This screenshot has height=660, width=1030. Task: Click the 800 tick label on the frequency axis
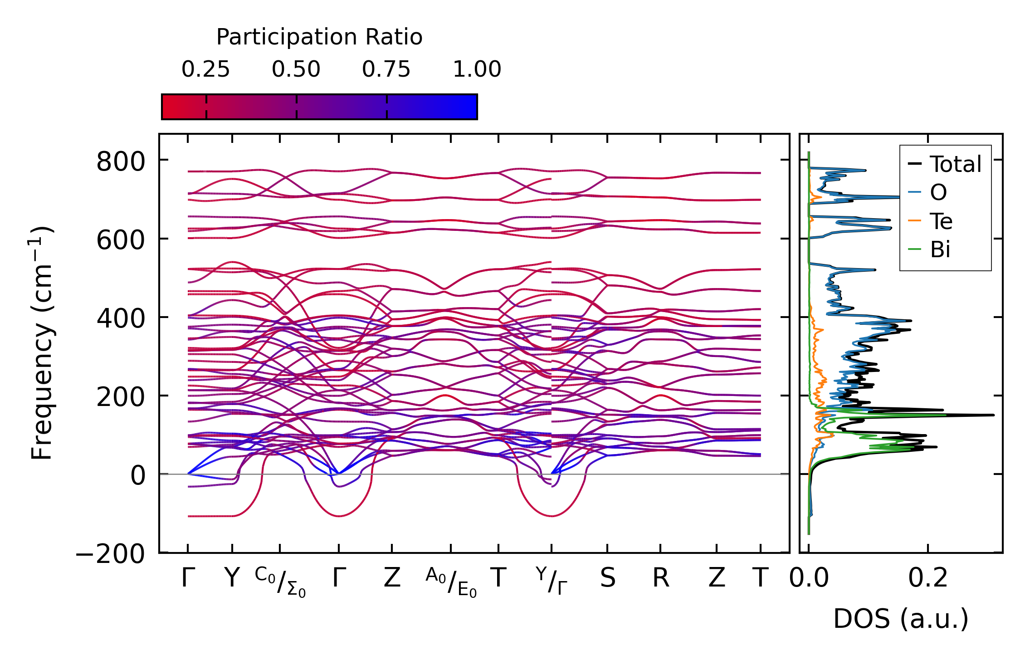(120, 162)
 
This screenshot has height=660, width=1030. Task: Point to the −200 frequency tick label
(110, 554)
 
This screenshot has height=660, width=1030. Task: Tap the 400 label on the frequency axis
(120, 319)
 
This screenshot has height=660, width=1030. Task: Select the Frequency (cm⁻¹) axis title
(42, 343)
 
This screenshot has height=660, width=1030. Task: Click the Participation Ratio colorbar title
(319, 37)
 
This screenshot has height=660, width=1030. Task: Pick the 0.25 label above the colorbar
(205, 69)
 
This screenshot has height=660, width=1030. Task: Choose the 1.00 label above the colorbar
(477, 69)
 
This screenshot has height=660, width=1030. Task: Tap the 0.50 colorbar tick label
(296, 69)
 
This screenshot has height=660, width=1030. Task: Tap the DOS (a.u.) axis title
(901, 619)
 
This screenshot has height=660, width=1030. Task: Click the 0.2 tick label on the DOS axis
(928, 578)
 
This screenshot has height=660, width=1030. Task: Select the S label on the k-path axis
(607, 578)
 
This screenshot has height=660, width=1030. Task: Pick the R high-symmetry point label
(660, 578)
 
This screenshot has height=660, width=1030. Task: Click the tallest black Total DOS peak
(993, 415)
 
